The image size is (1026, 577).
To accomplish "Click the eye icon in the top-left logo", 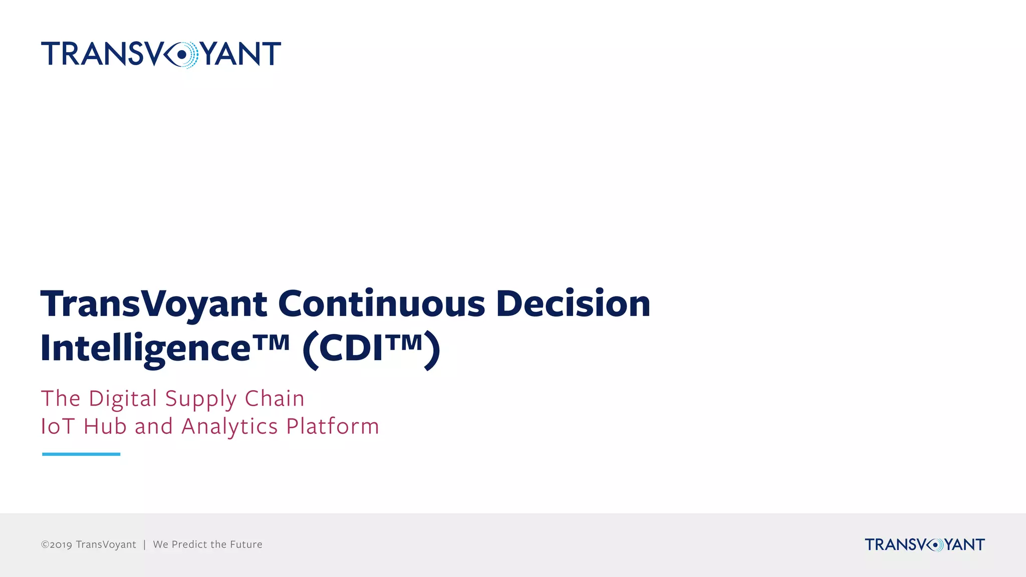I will [x=181, y=54].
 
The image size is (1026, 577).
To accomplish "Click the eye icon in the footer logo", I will [x=935, y=544].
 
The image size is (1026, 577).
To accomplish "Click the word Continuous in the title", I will [x=381, y=304].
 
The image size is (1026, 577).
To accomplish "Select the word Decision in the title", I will [x=573, y=304].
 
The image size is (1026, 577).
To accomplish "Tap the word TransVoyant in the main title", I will [x=154, y=305].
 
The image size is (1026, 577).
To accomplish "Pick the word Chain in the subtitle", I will [x=275, y=399].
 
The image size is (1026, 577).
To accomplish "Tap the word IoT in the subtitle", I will [x=58, y=427].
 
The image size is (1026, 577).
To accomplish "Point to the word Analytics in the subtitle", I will [x=229, y=427].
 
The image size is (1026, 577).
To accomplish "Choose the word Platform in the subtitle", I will [x=333, y=427].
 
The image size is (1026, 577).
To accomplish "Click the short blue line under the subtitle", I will [x=81, y=454].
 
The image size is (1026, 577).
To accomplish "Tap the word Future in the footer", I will [x=246, y=544].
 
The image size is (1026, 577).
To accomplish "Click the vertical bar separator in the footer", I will [x=144, y=544].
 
